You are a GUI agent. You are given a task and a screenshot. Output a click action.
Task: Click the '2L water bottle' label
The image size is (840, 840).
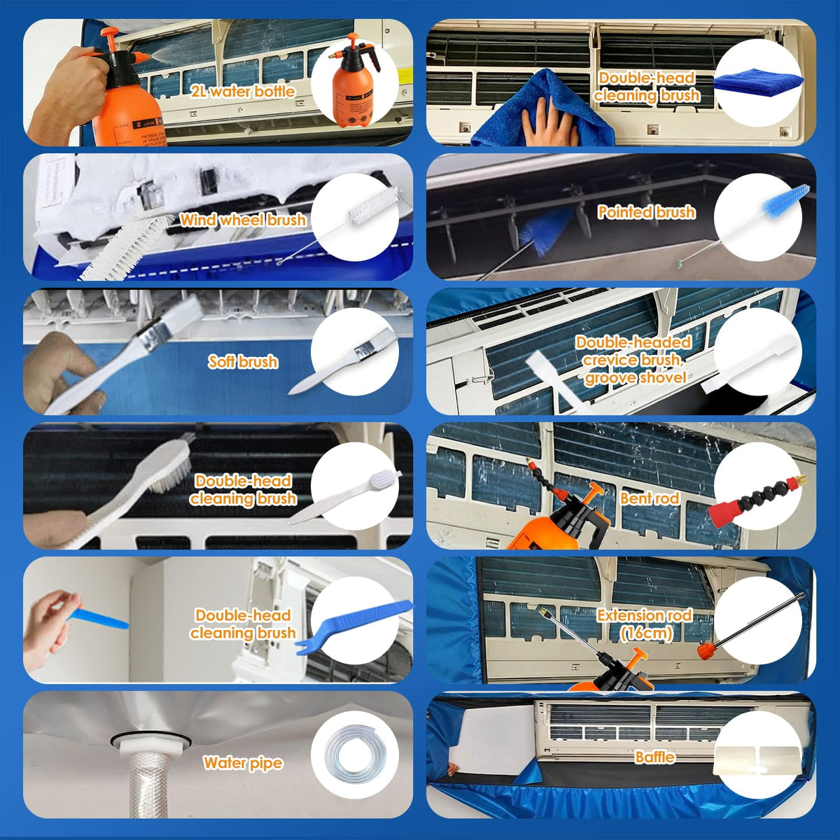tap(242, 92)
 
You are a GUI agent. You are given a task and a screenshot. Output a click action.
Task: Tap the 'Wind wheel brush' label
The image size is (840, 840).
tap(243, 220)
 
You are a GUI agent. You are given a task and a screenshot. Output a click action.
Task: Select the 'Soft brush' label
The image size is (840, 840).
tap(242, 362)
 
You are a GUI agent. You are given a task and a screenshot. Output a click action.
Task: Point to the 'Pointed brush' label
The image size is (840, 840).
tap(647, 212)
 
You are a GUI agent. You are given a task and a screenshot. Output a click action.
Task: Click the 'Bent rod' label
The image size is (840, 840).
tap(650, 498)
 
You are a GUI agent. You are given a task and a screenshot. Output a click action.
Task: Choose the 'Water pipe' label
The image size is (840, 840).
tap(243, 763)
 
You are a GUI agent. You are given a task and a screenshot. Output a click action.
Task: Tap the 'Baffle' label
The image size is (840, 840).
tap(654, 757)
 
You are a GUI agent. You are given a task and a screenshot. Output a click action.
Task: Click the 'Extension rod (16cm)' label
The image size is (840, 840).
tap(644, 624)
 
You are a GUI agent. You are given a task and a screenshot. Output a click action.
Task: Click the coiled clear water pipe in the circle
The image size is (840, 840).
tap(356, 752)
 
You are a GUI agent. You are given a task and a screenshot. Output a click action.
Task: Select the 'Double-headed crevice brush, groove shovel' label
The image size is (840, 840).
tap(633, 360)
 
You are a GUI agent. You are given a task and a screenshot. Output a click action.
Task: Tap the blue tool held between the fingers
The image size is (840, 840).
tap(99, 619)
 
